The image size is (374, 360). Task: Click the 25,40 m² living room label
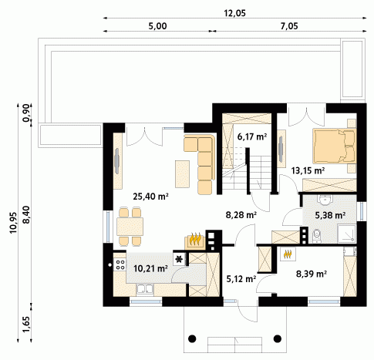pyautogui.click(x=150, y=197)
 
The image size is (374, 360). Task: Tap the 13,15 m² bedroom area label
pyautogui.click(x=308, y=170)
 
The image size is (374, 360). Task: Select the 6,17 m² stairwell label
pyautogui.click(x=251, y=136)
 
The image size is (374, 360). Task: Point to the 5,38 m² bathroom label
pyautogui.click(x=330, y=215)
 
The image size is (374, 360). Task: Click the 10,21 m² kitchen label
pyautogui.click(x=150, y=268)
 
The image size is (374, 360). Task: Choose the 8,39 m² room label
pyautogui.click(x=312, y=274)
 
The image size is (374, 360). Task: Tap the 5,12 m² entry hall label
pyautogui.click(x=241, y=278)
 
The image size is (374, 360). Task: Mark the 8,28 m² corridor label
pyautogui.click(x=241, y=214)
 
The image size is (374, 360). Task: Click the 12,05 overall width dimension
pyautogui.click(x=234, y=13)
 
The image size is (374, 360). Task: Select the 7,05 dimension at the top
pyautogui.click(x=289, y=26)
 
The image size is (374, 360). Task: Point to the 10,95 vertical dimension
pyautogui.click(x=13, y=223)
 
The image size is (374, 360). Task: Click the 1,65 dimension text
pyautogui.click(x=26, y=324)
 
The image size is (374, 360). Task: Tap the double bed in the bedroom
pyautogui.click(x=335, y=146)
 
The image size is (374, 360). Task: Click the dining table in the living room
pyautogui.click(x=130, y=227)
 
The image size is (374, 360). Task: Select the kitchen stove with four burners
pyautogui.click(x=120, y=264)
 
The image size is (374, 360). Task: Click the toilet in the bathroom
pyautogui.click(x=317, y=236)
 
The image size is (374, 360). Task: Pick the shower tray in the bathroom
pyautogui.click(x=347, y=234)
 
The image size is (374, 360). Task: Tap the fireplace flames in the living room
pyautogui.click(x=195, y=239)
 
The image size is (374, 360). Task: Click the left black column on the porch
pyautogui.click(x=192, y=338)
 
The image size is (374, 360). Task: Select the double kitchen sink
pyautogui.click(x=145, y=289)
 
